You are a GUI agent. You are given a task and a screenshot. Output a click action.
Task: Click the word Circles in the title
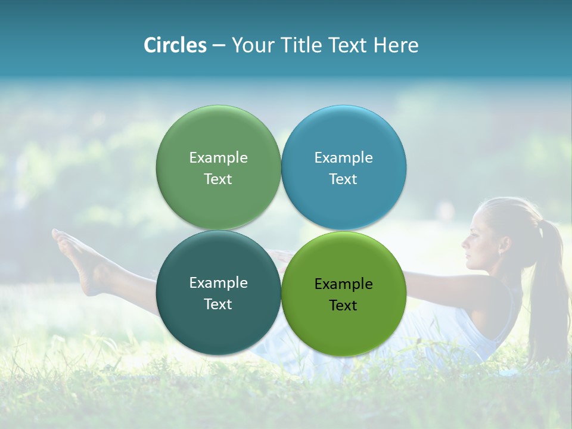tap(175, 45)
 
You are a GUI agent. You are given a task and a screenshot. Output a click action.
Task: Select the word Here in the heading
tap(396, 45)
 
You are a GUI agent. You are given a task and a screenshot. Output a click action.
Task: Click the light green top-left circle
tap(218, 137)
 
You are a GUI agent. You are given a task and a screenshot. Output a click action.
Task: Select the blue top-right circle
tap(343, 137)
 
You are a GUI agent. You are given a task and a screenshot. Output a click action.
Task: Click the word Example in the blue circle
tap(343, 157)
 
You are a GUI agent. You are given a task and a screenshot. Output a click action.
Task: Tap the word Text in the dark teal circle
tap(218, 304)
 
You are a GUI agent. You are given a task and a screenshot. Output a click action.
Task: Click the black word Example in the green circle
tap(343, 284)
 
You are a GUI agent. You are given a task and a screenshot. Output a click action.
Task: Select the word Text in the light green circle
tap(218, 179)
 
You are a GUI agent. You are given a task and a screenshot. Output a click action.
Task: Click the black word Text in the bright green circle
tap(343, 306)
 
